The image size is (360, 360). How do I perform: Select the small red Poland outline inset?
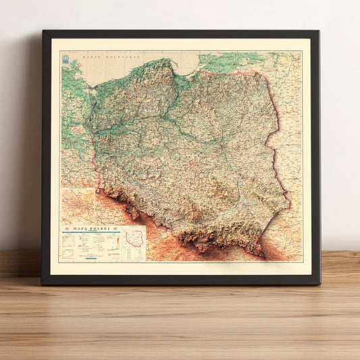click(x=136, y=240)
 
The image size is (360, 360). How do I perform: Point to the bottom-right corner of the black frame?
click(x=318, y=282)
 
